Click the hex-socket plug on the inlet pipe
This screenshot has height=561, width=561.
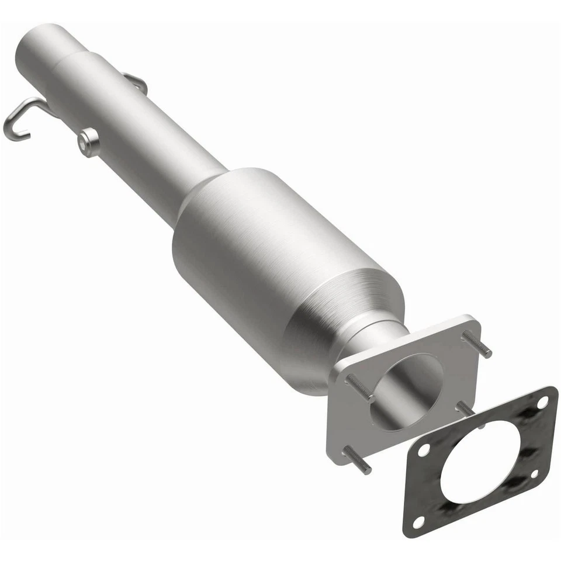coord(89,143)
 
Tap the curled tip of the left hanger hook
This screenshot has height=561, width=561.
coord(13,132)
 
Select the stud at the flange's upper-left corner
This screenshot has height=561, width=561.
coord(358,386)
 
